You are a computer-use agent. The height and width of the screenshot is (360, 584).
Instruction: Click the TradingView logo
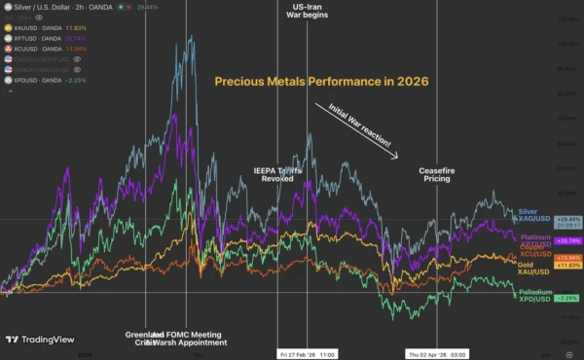click(40, 341)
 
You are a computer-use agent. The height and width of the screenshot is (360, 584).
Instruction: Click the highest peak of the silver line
click(191, 37)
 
